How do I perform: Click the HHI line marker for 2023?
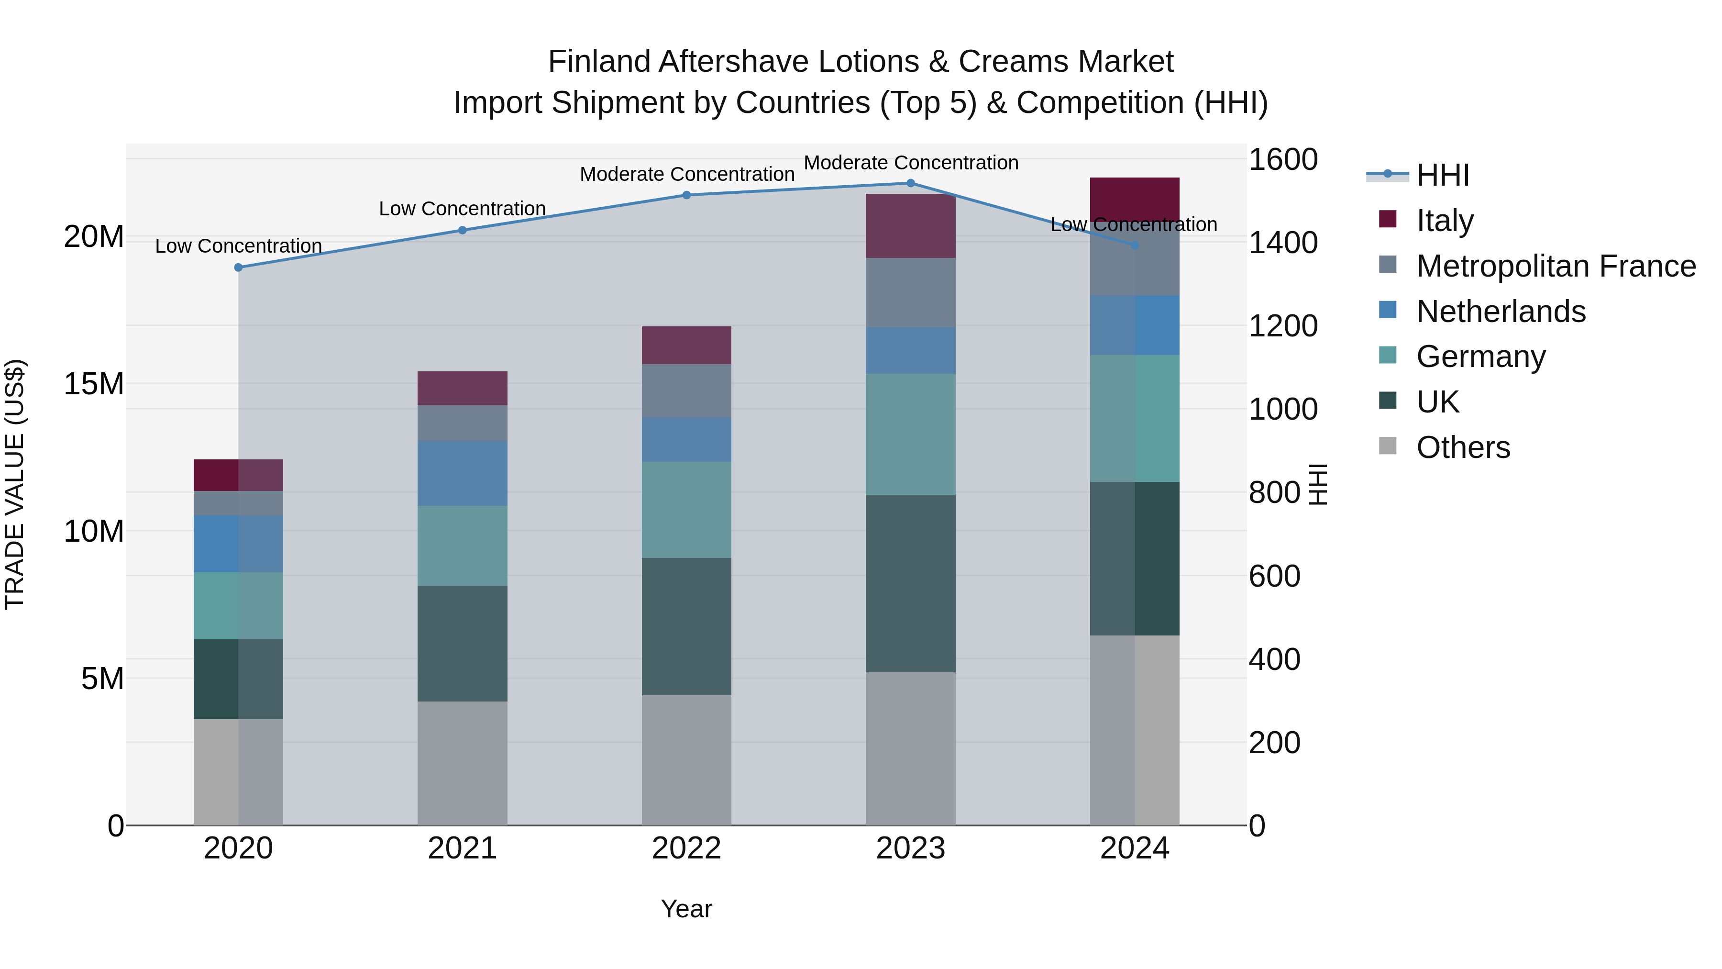pos(910,183)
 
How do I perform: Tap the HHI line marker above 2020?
pos(239,267)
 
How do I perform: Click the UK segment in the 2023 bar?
pos(910,583)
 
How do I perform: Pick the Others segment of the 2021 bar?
pos(463,763)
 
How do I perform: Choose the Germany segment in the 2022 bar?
pos(686,510)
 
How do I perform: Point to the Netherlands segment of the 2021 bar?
pos(463,473)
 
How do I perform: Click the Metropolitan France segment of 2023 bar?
pos(910,292)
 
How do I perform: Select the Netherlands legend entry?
pos(1501,312)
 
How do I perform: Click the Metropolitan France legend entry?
pos(1556,266)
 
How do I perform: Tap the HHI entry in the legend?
pos(1443,175)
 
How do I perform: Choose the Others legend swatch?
pos(1388,446)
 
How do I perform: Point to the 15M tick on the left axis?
pos(94,384)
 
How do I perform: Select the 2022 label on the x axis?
pos(686,848)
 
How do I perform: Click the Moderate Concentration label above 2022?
pos(686,175)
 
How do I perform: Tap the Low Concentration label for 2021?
pos(463,209)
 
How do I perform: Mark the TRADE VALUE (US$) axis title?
pos(15,484)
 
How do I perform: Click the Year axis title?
pos(686,909)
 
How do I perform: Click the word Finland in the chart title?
pos(599,62)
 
